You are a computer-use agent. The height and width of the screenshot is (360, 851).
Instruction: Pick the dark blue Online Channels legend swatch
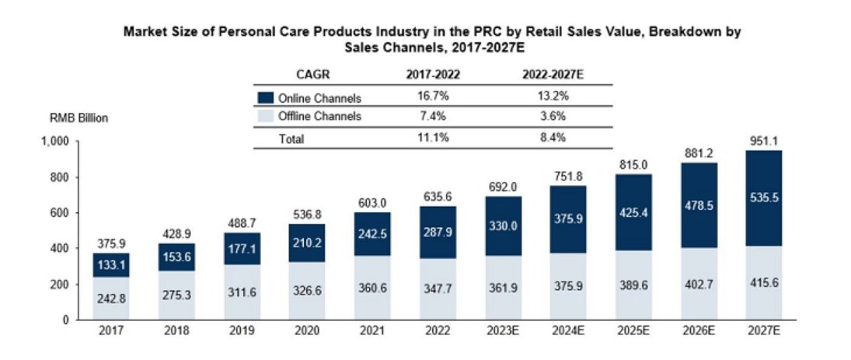coord(265,98)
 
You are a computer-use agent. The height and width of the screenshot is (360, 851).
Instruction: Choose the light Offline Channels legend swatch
coord(265,117)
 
